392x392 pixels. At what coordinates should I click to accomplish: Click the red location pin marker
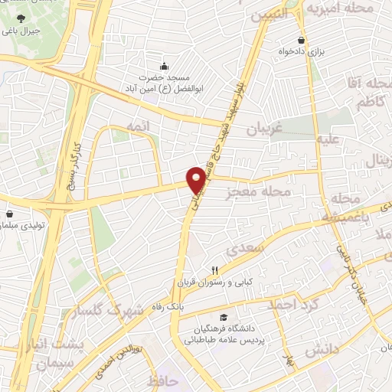point(198,178)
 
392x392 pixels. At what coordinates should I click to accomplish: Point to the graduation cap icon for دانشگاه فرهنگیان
point(222,318)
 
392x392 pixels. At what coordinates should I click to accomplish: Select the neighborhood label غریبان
point(265,129)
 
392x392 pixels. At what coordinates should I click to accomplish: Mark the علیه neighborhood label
point(326,139)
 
